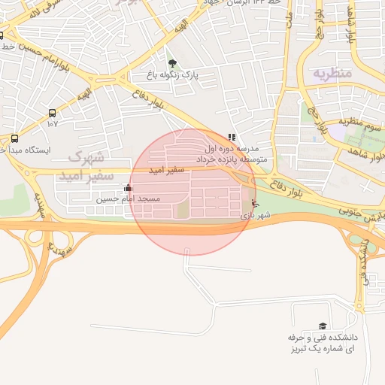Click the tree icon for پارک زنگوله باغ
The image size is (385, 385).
click(x=173, y=64)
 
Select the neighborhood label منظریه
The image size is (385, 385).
click(x=331, y=74)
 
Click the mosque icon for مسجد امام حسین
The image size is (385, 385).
click(x=128, y=188)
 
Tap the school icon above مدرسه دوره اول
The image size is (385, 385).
click(x=232, y=138)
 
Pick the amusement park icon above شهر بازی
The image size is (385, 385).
click(x=254, y=204)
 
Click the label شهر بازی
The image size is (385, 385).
click(x=254, y=216)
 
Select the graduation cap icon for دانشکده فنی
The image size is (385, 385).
click(x=323, y=326)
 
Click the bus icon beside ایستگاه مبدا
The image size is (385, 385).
click(x=14, y=138)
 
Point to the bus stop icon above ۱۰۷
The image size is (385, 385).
click(x=52, y=113)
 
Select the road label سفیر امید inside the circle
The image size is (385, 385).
click(x=166, y=171)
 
